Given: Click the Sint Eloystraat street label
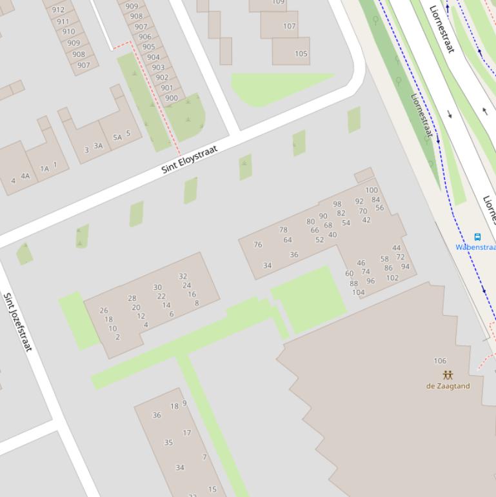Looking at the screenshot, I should [x=190, y=159].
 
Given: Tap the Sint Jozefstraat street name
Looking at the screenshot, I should [x=17, y=322].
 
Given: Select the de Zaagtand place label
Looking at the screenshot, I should [x=448, y=386].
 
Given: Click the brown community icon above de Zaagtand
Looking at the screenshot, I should [x=448, y=375].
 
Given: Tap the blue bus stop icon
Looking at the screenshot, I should [x=477, y=237].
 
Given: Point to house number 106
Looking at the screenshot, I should [x=440, y=361].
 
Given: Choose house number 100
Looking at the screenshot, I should [x=372, y=190].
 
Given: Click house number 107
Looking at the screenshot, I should [x=289, y=26].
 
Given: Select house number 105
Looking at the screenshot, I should [x=301, y=54].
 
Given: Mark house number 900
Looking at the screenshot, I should [x=171, y=98].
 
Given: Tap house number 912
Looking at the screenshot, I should [x=58, y=10].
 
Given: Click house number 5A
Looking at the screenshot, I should [x=117, y=137].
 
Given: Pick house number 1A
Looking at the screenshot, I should [x=45, y=168].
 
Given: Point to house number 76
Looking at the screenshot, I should [x=258, y=245].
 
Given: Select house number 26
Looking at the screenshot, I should [x=104, y=310].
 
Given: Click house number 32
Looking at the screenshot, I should [x=183, y=276].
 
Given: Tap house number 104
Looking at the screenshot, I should [x=359, y=292].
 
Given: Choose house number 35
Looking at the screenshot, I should [x=168, y=443].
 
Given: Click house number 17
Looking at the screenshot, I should [x=186, y=433].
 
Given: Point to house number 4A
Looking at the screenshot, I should [x=25, y=176].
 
